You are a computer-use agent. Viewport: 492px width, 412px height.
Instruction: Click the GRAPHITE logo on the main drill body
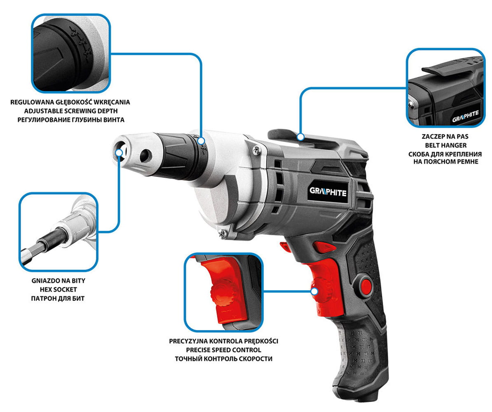tap(328, 192)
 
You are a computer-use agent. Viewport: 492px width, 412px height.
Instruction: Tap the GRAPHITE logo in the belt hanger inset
tap(465, 117)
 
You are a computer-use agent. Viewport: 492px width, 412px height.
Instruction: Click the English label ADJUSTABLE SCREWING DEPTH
tap(71, 111)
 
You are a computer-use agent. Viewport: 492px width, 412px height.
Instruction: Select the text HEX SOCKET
tap(59, 289)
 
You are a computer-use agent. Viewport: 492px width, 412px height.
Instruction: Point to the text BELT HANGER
tap(445, 145)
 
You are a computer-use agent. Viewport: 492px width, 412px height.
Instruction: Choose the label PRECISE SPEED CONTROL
tap(223, 350)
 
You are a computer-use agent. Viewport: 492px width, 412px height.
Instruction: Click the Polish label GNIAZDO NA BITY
tap(59, 281)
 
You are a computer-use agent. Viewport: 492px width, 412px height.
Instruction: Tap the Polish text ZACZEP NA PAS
tap(445, 136)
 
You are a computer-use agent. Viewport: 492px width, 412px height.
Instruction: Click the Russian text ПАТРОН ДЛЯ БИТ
tap(58, 298)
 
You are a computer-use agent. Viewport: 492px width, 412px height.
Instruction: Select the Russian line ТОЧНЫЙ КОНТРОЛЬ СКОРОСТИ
tap(223, 359)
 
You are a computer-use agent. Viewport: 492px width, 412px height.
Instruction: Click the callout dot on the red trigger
tap(314, 291)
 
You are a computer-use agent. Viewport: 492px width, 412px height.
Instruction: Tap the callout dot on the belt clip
tap(300, 137)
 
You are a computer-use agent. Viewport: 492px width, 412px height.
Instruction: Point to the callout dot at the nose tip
tap(119, 152)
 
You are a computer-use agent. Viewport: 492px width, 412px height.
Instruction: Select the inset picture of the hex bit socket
tap(59, 232)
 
